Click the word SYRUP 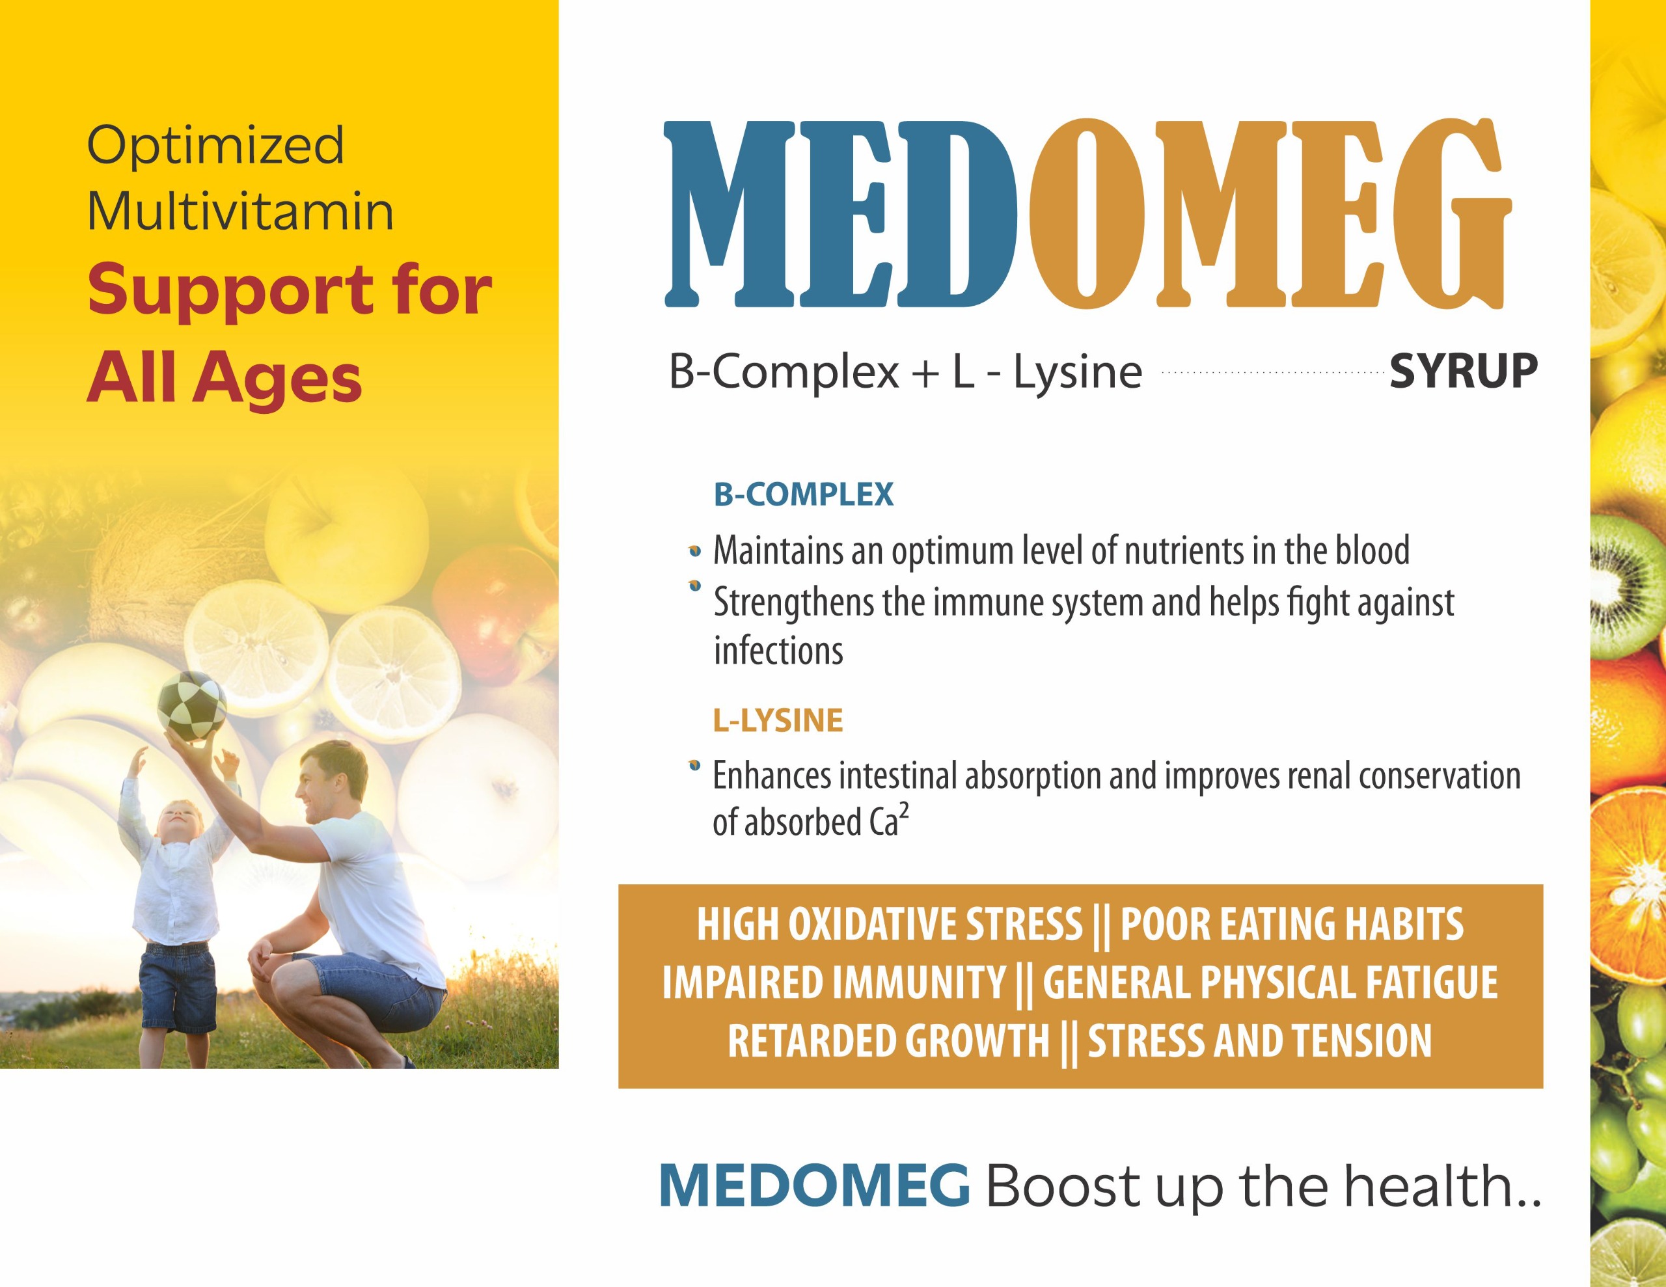[x=1462, y=372]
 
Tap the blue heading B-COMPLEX [x=803, y=494]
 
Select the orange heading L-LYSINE [x=778, y=720]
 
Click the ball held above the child [x=191, y=708]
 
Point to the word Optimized [x=216, y=146]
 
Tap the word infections [x=778, y=651]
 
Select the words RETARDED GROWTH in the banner [x=889, y=1041]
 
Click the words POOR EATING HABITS [x=1291, y=925]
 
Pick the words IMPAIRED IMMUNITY [x=834, y=982]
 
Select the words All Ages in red [x=225, y=379]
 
